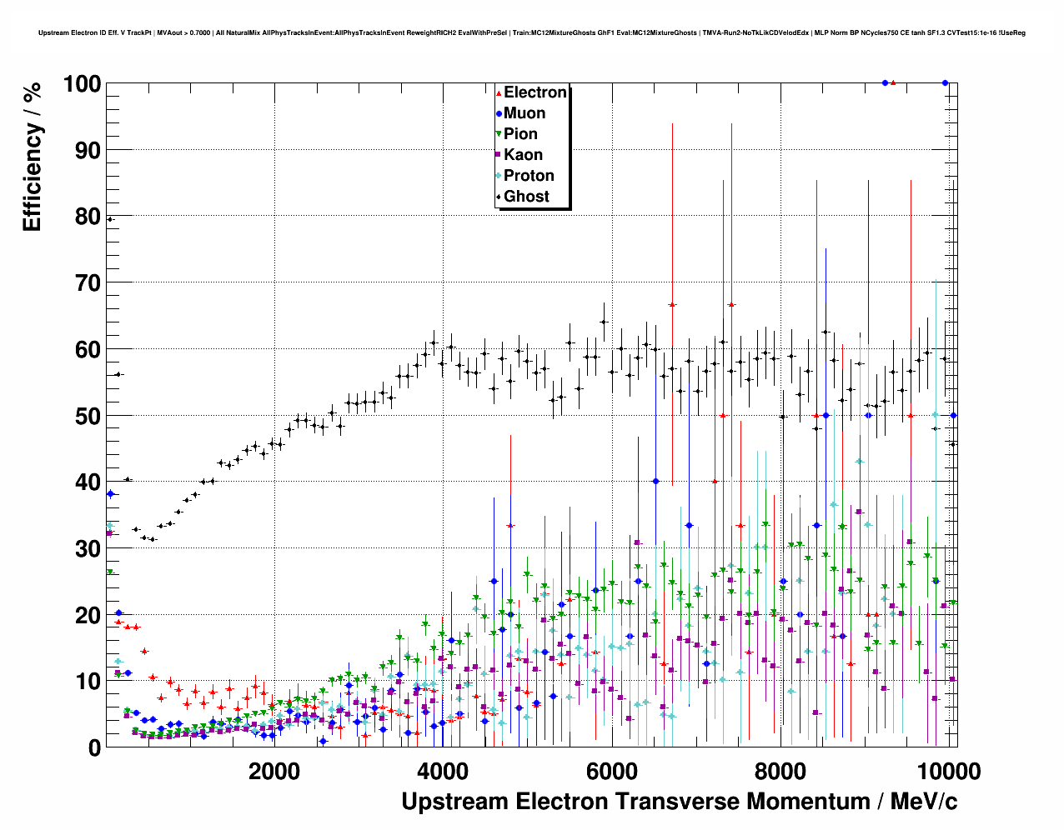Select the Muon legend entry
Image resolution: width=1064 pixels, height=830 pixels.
524,113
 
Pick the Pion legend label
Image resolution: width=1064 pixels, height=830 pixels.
520,134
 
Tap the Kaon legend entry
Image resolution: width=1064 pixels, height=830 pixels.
523,155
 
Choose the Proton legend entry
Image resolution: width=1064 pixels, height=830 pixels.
529,176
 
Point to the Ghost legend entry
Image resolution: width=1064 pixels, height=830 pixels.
526,197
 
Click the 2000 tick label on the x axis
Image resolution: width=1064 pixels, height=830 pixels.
274,771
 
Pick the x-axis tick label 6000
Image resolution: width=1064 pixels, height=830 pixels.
611,771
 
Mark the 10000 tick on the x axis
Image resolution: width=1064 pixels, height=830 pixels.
947,771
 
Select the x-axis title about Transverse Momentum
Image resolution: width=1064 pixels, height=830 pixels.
679,802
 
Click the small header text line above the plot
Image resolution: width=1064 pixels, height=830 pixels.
531,33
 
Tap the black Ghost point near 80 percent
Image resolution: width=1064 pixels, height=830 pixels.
109,219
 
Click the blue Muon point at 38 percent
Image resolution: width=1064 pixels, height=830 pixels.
110,494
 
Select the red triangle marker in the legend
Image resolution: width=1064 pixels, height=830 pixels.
499,92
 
